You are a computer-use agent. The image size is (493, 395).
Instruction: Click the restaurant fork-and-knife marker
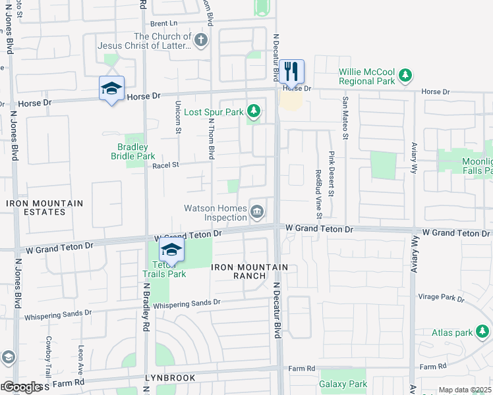pyautogui.click(x=291, y=70)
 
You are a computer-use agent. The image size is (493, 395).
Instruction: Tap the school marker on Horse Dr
pyautogui.click(x=111, y=89)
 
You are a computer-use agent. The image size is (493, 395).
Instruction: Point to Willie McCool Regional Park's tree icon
pyautogui.click(x=406, y=76)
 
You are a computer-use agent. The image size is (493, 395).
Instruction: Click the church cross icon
pyautogui.click(x=201, y=41)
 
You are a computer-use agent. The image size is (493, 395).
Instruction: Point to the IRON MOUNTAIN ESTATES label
pyautogui.click(x=45, y=207)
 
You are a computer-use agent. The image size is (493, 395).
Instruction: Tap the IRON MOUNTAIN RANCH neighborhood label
pyautogui.click(x=249, y=271)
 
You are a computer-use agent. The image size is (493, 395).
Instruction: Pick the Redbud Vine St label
pyautogui.click(x=318, y=194)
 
